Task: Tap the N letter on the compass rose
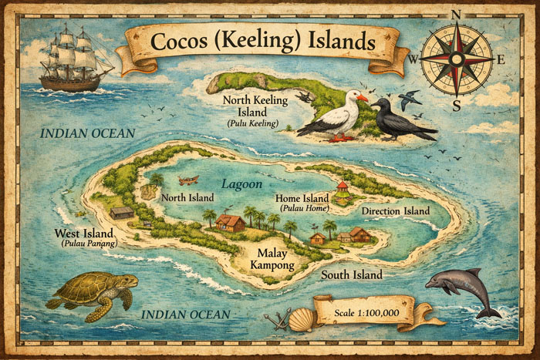(457, 13)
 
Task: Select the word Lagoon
(242, 185)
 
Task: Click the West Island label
(83, 234)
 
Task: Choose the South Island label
(352, 274)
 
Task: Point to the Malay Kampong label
(272, 259)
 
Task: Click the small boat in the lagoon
(187, 180)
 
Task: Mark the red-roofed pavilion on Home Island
(342, 190)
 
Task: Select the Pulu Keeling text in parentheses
(252, 123)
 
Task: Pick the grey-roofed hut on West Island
(122, 212)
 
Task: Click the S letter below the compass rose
(456, 106)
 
